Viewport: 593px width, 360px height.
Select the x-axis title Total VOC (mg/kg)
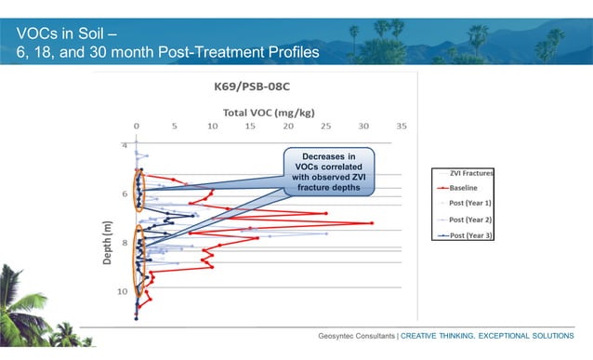(x=266, y=110)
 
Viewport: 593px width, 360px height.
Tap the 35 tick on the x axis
(x=402, y=125)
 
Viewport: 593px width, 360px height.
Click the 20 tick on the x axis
(x=288, y=125)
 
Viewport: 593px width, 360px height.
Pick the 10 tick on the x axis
(x=213, y=125)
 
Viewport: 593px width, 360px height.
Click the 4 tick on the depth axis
(x=123, y=146)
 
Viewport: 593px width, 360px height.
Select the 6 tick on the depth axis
(x=123, y=194)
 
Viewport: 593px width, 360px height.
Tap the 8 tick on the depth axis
(x=123, y=243)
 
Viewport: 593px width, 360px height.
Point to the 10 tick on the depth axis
(x=121, y=291)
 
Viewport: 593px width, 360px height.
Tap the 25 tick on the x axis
(x=326, y=125)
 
